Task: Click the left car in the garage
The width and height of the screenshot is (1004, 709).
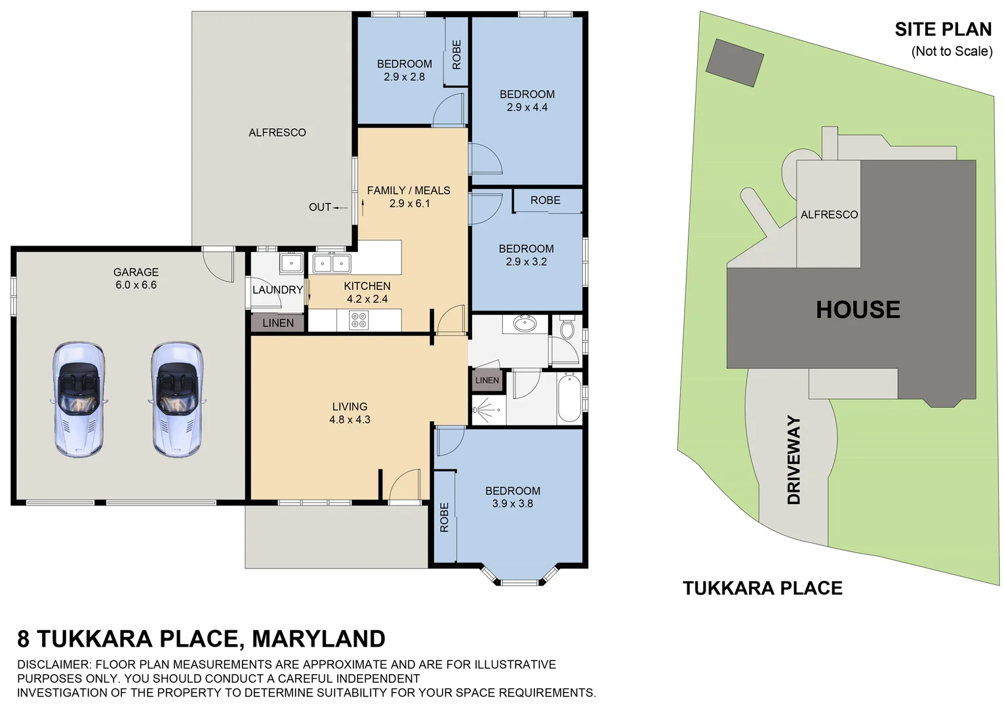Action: (x=79, y=399)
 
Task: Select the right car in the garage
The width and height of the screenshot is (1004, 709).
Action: (x=177, y=399)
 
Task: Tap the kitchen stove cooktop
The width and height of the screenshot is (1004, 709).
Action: (x=359, y=320)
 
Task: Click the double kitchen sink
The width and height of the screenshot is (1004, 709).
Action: (x=331, y=264)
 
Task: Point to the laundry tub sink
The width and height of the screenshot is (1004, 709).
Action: (x=291, y=264)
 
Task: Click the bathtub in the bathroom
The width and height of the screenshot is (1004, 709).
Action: (x=569, y=398)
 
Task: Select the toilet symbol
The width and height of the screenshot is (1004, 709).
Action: (x=567, y=328)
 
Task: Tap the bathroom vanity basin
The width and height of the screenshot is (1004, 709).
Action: (x=525, y=324)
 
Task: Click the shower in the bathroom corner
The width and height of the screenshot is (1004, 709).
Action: (x=487, y=410)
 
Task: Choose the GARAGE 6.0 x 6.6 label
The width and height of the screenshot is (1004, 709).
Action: (x=136, y=278)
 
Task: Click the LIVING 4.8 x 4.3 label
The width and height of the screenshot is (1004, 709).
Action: (x=350, y=413)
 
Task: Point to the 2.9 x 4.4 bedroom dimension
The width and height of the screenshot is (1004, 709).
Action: (x=527, y=108)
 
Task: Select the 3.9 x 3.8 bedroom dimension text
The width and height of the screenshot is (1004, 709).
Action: (x=513, y=504)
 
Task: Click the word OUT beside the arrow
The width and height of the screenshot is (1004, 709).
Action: (x=320, y=207)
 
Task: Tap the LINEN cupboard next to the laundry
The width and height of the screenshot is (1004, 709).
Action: (x=278, y=323)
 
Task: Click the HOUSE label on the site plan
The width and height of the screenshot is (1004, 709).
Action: (x=858, y=310)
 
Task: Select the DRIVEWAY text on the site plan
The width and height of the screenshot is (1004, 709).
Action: (x=794, y=460)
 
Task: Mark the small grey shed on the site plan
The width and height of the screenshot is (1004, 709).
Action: (x=735, y=62)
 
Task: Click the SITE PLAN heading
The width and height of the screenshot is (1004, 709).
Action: (x=943, y=30)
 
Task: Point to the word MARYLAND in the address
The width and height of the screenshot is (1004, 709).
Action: (x=319, y=639)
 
